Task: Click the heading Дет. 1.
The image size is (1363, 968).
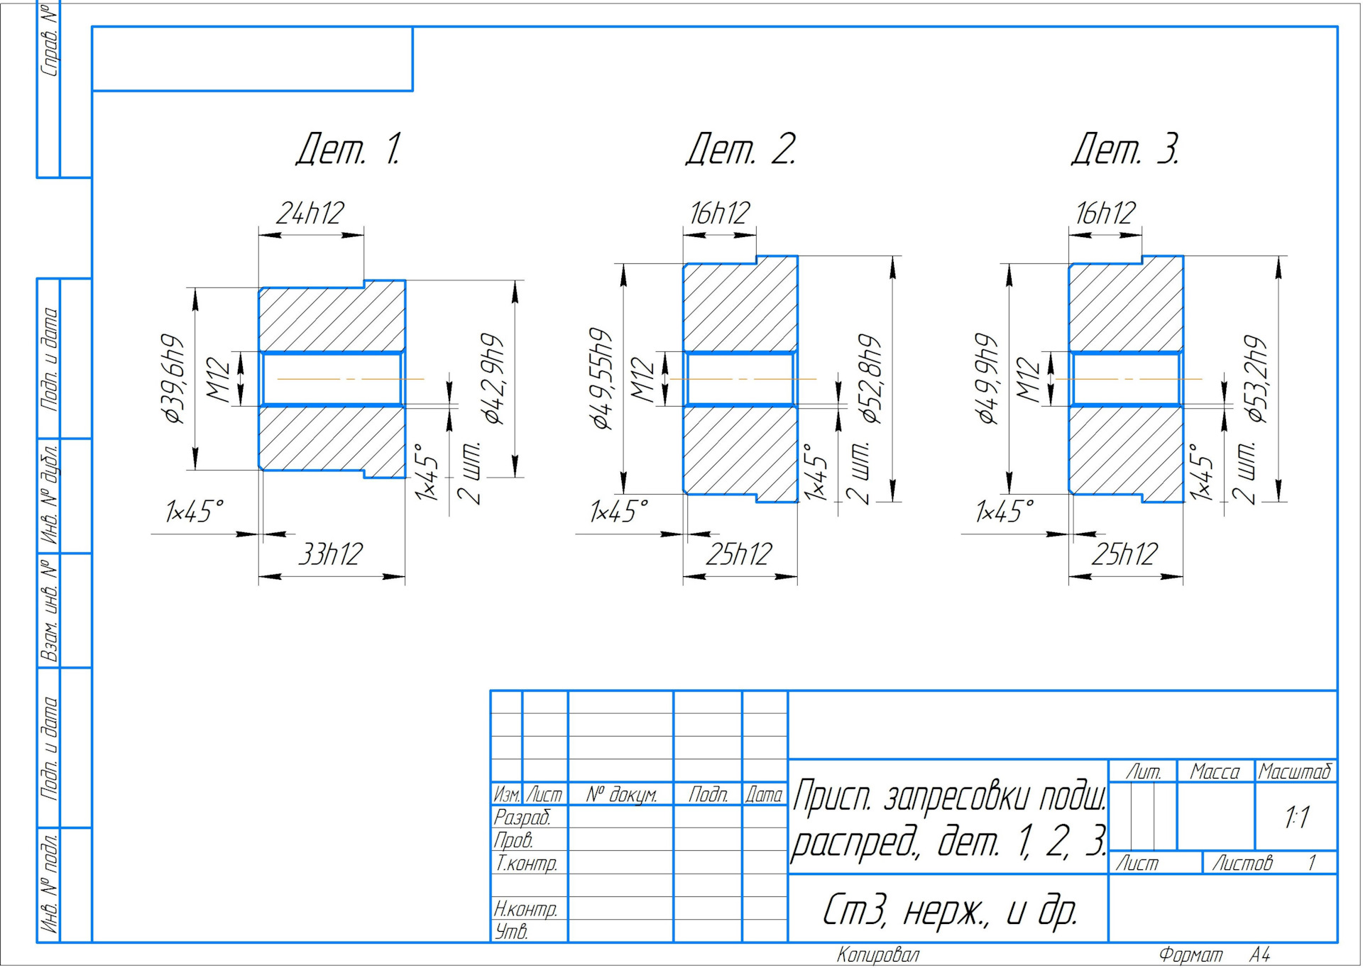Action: pos(349,149)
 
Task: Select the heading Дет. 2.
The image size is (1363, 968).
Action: pos(741,149)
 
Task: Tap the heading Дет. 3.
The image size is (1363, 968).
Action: pos(1125,149)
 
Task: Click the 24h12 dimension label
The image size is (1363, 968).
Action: pos(310,213)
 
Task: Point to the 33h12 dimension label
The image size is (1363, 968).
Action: pos(331,554)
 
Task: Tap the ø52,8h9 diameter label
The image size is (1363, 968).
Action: pos(871,378)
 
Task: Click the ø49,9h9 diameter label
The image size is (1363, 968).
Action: pos(987,378)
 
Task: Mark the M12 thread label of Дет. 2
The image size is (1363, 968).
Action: pos(642,380)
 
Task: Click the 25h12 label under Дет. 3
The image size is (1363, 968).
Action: pos(1124,554)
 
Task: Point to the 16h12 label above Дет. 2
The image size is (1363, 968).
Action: pos(720,213)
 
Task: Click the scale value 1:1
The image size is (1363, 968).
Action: pos(1296,818)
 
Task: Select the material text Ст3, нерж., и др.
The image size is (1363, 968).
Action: pos(949,910)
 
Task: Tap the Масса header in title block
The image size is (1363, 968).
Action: pos(1215,771)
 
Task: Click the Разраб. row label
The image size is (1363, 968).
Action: pos(522,817)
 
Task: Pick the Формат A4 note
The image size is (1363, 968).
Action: pos(1215,955)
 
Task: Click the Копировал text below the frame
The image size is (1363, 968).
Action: pos(878,955)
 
